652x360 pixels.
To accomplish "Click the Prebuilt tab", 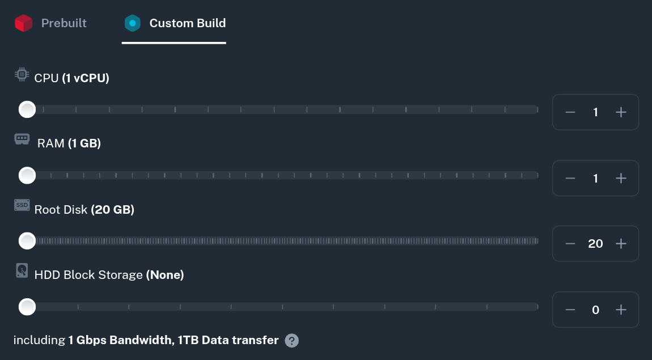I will (x=63, y=23).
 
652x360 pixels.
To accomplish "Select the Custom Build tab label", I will (x=187, y=23).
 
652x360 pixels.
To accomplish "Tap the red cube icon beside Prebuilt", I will (x=24, y=23).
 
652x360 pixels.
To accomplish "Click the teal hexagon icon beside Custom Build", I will (x=132, y=23).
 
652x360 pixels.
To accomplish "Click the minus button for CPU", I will (x=570, y=112).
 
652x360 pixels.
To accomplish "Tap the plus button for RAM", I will (x=621, y=178).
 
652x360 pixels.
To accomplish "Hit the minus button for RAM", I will (x=570, y=178).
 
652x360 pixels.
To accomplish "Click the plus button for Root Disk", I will (x=621, y=244).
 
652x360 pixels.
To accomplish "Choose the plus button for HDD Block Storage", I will (x=621, y=310).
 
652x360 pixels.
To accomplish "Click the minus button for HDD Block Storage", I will (x=570, y=310).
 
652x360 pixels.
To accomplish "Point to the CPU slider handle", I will (x=27, y=109).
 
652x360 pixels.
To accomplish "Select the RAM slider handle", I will (x=27, y=175).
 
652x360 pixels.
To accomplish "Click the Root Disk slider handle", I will (x=27, y=241).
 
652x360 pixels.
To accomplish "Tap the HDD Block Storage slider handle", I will (x=27, y=307).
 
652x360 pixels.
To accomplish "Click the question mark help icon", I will (x=291, y=340).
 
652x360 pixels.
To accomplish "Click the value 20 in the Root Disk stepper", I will (x=595, y=244).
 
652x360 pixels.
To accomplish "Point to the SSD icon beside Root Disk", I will (x=22, y=205).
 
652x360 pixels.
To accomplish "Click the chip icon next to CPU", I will (x=22, y=74).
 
